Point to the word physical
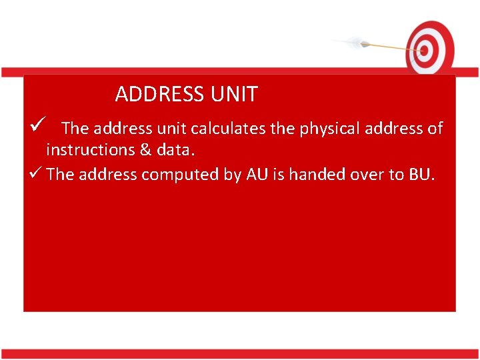point(325,129)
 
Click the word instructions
point(90,150)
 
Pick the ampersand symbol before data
point(146,150)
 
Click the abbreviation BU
point(421,175)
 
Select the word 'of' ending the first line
point(435,129)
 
